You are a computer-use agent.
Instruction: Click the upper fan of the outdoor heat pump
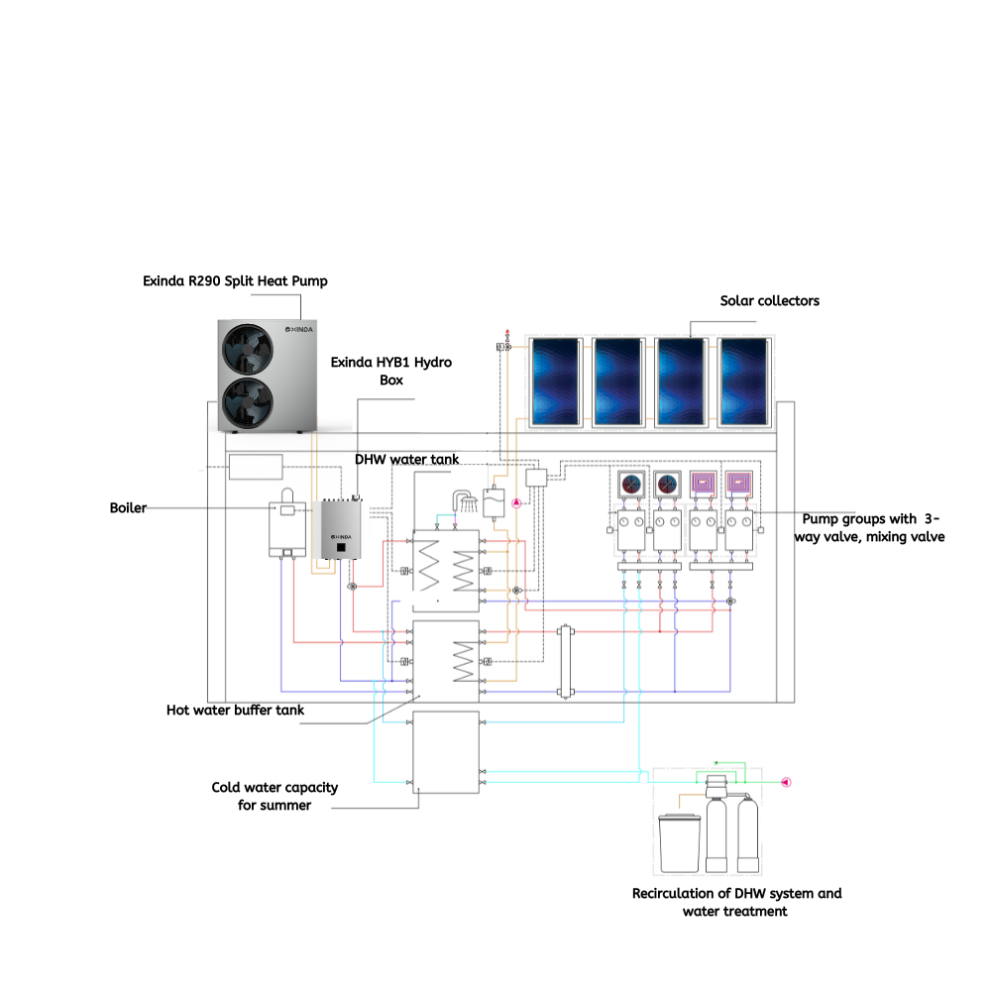click(248, 349)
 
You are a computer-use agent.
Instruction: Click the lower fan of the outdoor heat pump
click(248, 402)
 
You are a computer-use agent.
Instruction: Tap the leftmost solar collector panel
click(556, 382)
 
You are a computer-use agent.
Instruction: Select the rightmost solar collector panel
click(744, 382)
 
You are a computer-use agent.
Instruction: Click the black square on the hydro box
click(341, 547)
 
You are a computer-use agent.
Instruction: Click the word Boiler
click(128, 508)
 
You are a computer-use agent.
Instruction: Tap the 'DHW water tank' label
click(406, 460)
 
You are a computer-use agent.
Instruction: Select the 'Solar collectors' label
click(769, 301)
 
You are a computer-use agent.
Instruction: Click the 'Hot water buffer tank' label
click(235, 711)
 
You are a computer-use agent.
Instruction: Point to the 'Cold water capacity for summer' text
click(275, 797)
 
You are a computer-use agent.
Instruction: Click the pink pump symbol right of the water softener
click(786, 783)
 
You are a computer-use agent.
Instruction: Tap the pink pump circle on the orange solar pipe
click(516, 503)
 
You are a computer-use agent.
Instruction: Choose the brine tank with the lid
click(680, 843)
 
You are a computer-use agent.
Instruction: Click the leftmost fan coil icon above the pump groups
click(631, 485)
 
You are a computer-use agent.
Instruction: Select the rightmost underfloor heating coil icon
click(739, 484)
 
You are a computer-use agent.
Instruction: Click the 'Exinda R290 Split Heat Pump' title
click(235, 281)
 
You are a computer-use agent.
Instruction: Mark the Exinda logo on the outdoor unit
click(299, 329)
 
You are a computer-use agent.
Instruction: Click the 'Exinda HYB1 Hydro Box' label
click(391, 371)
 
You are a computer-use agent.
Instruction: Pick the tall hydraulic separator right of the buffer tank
click(565, 662)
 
